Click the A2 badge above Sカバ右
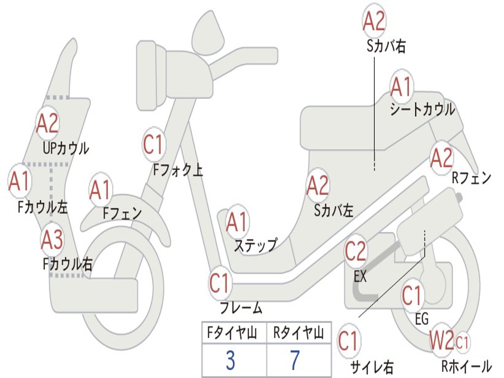point(374,21)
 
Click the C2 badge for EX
point(355,251)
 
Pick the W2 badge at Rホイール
point(441,340)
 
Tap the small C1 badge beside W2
point(462,342)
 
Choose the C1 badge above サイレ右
point(349,341)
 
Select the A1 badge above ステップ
point(237,222)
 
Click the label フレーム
point(241,308)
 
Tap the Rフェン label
point(472,178)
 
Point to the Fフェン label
point(123,213)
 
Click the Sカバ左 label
point(334,211)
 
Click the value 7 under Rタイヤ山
point(295,360)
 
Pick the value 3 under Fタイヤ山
point(230,360)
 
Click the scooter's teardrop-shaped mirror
point(208,32)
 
